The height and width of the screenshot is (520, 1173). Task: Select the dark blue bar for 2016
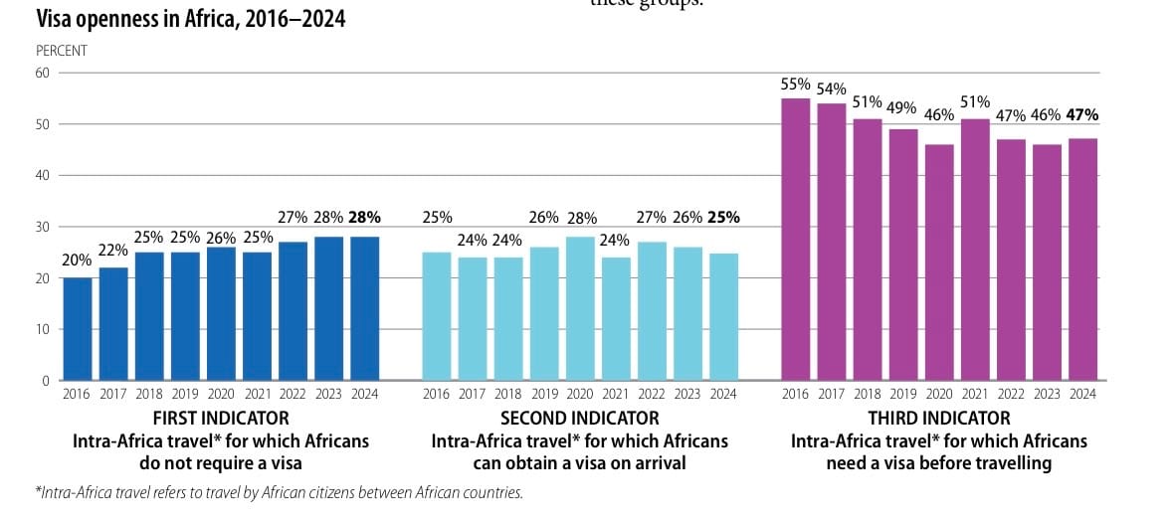click(78, 329)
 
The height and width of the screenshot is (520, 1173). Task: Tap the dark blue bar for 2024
click(364, 308)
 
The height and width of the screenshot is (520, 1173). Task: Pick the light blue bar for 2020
click(580, 308)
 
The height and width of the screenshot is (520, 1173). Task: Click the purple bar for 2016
click(796, 240)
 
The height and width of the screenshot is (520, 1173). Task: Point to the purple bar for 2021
click(975, 250)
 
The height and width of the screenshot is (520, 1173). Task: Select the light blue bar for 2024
click(723, 316)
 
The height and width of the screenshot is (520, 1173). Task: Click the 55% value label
click(796, 84)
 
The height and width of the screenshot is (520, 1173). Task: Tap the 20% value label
click(78, 260)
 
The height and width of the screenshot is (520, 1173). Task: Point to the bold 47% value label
click(1081, 114)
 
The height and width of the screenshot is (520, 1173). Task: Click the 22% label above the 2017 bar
click(113, 251)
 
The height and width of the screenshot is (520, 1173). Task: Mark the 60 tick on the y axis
click(42, 73)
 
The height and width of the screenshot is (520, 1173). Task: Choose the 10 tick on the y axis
click(42, 329)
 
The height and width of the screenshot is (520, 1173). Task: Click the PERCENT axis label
click(62, 50)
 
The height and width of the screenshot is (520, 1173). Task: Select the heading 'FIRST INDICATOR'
click(221, 419)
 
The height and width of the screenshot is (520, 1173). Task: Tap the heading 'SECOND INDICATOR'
click(580, 419)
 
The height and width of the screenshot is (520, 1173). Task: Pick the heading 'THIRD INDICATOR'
click(939, 419)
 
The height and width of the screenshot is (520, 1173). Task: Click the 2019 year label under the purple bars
click(903, 395)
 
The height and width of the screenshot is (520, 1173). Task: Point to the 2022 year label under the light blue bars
click(652, 395)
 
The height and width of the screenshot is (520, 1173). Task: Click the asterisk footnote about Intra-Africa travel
click(279, 492)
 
